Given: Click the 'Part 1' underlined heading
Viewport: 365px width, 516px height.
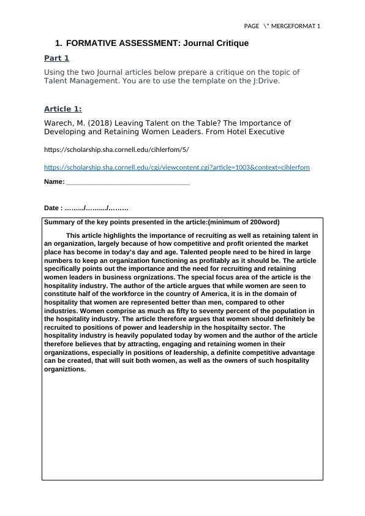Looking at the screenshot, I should (56, 58).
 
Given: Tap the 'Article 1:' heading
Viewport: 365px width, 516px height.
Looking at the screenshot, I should (62, 109).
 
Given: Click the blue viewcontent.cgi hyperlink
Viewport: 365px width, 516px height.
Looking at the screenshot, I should (176, 167).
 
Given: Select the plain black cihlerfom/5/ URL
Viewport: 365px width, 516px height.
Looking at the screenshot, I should (116, 149).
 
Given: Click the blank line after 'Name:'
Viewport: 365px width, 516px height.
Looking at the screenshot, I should (127, 182).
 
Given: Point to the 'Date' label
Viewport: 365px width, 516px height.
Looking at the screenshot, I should (53, 208).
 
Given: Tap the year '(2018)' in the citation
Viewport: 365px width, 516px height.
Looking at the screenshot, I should (100, 123).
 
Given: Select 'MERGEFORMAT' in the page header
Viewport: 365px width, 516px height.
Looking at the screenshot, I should (292, 26).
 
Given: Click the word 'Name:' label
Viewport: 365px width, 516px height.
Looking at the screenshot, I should (54, 182).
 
